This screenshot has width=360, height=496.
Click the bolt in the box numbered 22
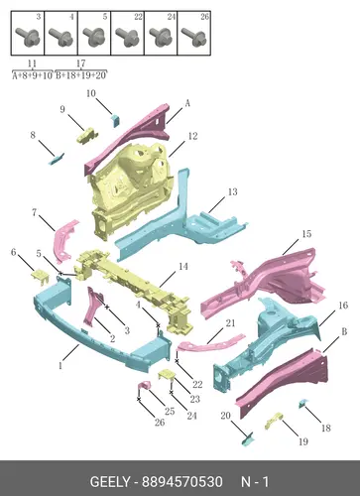pos(127,36)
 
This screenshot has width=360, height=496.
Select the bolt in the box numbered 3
pos(28,36)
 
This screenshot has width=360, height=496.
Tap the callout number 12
pos(192,136)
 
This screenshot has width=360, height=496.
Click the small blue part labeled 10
pos(115,120)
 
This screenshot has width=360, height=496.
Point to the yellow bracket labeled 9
pos(87,136)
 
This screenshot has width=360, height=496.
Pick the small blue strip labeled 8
pos(57,159)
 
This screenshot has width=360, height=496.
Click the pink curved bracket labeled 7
pos(64,241)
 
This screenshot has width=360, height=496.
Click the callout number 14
pos(183,266)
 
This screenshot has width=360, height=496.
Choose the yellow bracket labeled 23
pos(167,376)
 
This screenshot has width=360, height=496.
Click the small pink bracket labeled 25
pos(144,387)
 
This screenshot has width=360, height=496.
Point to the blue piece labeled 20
pos(248,439)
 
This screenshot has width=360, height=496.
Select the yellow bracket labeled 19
pos(274,421)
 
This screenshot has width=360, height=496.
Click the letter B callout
pos(344,331)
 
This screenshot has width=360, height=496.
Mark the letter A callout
pos(187,103)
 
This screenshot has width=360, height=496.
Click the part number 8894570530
pos(182,482)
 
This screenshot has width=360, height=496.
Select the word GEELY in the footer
pos(110,482)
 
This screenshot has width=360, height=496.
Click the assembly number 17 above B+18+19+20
pos(80,63)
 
